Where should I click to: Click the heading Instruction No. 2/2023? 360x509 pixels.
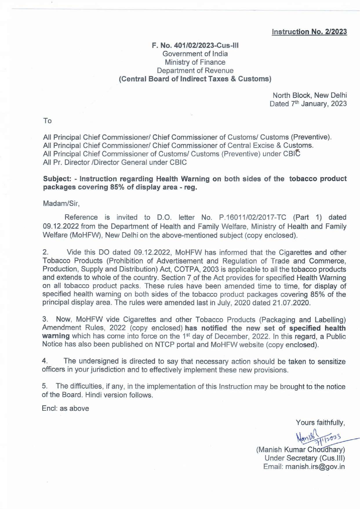tap(309, 32)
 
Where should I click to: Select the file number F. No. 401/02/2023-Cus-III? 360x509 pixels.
tap(195, 46)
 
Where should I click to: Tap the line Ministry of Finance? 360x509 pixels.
tap(195, 62)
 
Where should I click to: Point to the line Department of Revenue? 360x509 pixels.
tap(195, 70)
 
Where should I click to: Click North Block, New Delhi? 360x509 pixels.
tap(310, 95)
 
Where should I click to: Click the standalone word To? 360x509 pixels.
tap(47, 121)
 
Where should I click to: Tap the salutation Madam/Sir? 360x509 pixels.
tap(61, 204)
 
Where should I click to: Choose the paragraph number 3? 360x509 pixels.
tap(45, 320)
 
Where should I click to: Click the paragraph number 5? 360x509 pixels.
tap(45, 386)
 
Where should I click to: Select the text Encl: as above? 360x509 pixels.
tap(66, 409)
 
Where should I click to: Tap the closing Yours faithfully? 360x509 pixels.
tap(320, 423)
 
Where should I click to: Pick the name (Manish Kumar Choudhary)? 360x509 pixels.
tap(301, 450)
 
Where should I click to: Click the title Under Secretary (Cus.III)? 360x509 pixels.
tap(305, 458)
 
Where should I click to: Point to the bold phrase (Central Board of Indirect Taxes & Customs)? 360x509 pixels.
tap(195, 79)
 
